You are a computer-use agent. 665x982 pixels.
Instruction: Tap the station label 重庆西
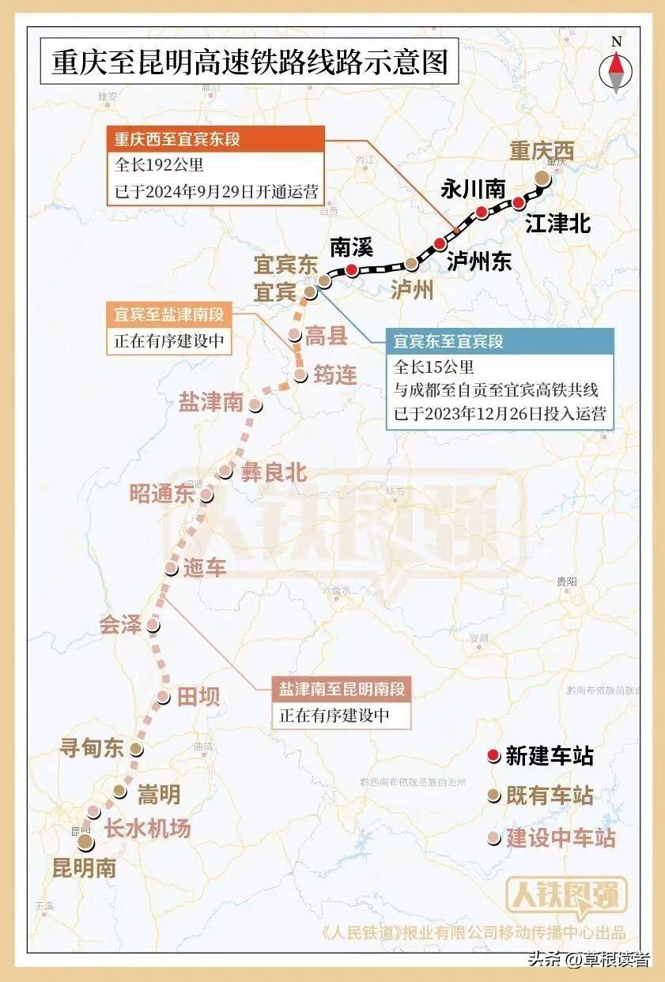(541, 150)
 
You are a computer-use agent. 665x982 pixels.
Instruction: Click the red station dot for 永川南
(481, 212)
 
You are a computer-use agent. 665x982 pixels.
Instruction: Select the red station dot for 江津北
(519, 203)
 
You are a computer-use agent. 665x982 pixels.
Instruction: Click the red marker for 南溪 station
(351, 269)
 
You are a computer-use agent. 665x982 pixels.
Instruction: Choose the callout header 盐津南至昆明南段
(342, 689)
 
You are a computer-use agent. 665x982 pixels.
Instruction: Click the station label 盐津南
(210, 402)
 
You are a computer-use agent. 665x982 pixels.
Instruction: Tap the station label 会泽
(120, 626)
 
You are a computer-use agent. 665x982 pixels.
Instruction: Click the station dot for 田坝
(162, 697)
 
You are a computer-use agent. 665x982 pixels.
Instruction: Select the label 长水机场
(148, 829)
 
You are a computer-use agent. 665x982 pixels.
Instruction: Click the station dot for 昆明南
(85, 842)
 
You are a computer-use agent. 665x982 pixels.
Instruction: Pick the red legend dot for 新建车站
(493, 757)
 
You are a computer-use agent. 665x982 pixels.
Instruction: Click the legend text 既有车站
(550, 796)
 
